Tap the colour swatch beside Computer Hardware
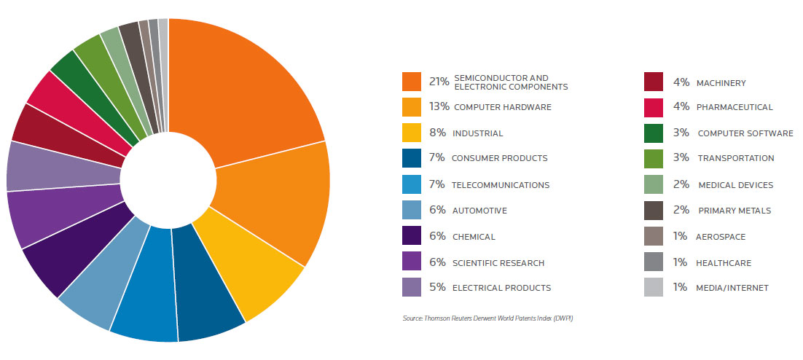point(412,107)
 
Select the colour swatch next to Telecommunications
point(412,185)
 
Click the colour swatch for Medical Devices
point(653,185)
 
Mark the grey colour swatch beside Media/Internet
point(653,287)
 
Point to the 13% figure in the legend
point(439,107)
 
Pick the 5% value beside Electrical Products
point(437,287)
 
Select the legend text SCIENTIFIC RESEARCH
point(498,262)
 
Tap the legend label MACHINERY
point(721,83)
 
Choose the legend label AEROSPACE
point(721,237)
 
